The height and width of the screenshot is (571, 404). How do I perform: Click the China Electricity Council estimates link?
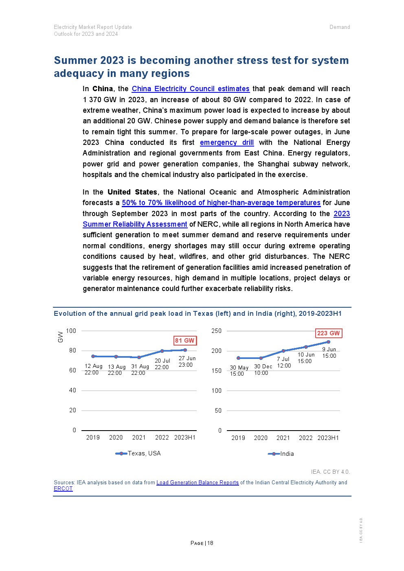tap(190, 89)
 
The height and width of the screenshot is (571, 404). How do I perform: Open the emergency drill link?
tap(226, 142)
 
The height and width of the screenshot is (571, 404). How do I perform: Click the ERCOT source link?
tap(63, 489)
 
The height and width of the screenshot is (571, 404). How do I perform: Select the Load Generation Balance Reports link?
tap(198, 483)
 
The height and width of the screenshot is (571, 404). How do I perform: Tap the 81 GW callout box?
tap(185, 341)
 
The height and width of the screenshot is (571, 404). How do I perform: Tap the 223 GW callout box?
tap(328, 333)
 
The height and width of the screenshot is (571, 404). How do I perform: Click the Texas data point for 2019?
tap(93, 356)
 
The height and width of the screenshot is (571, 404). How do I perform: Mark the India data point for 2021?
tap(283, 351)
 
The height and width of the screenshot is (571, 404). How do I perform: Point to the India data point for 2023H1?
tap(328, 342)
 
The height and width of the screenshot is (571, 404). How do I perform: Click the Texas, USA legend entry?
tap(138, 453)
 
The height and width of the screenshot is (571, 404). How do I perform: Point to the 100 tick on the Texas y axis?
tap(71, 331)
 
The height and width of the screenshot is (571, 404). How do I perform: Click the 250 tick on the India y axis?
tap(216, 331)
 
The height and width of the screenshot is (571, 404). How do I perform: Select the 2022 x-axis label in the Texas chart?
tap(162, 438)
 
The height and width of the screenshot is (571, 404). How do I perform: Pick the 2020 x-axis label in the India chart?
tap(261, 438)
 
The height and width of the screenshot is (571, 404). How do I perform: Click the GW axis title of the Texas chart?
tap(61, 337)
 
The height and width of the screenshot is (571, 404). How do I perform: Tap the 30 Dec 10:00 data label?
tap(263, 370)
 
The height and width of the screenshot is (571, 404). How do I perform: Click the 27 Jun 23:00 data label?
tap(187, 361)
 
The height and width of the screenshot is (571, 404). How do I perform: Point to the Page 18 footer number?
tap(202, 543)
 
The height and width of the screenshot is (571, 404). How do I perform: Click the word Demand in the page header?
tap(340, 27)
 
